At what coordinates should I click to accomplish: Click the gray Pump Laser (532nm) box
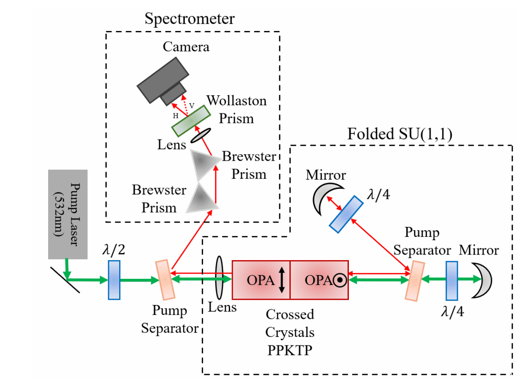[68, 214]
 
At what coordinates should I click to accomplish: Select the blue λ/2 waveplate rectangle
[114, 280]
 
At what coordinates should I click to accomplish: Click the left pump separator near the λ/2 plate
[163, 280]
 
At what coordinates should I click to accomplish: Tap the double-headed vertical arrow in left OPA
[282, 280]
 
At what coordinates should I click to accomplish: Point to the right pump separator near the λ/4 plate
[413, 280]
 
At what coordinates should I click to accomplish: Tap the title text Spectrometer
[190, 19]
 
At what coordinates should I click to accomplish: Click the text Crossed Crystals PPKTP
[290, 331]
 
